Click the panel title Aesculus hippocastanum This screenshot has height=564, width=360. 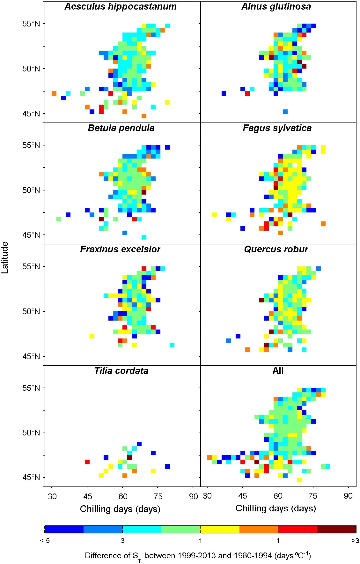(121, 7)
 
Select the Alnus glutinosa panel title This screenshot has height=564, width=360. (276, 7)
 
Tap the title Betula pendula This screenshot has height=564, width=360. (121, 128)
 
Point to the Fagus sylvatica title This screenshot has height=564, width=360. (277, 128)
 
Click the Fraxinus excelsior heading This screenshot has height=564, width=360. (120, 249)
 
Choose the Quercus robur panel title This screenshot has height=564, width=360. (276, 249)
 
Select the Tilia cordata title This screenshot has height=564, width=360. (121, 371)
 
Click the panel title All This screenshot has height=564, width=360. (278, 371)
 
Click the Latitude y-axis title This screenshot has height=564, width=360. (5, 257)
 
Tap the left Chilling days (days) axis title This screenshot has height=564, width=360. (120, 509)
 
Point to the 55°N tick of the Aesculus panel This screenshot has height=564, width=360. (31, 24)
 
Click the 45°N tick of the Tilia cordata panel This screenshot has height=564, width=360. (31, 478)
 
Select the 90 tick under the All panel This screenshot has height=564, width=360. (348, 496)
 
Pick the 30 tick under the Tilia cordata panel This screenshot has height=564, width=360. (52, 497)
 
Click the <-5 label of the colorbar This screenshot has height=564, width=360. (45, 541)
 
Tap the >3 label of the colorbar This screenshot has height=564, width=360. (355, 541)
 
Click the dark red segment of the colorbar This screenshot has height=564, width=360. (337, 530)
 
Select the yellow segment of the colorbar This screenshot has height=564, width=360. (220, 530)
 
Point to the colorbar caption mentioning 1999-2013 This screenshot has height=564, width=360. (198, 556)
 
